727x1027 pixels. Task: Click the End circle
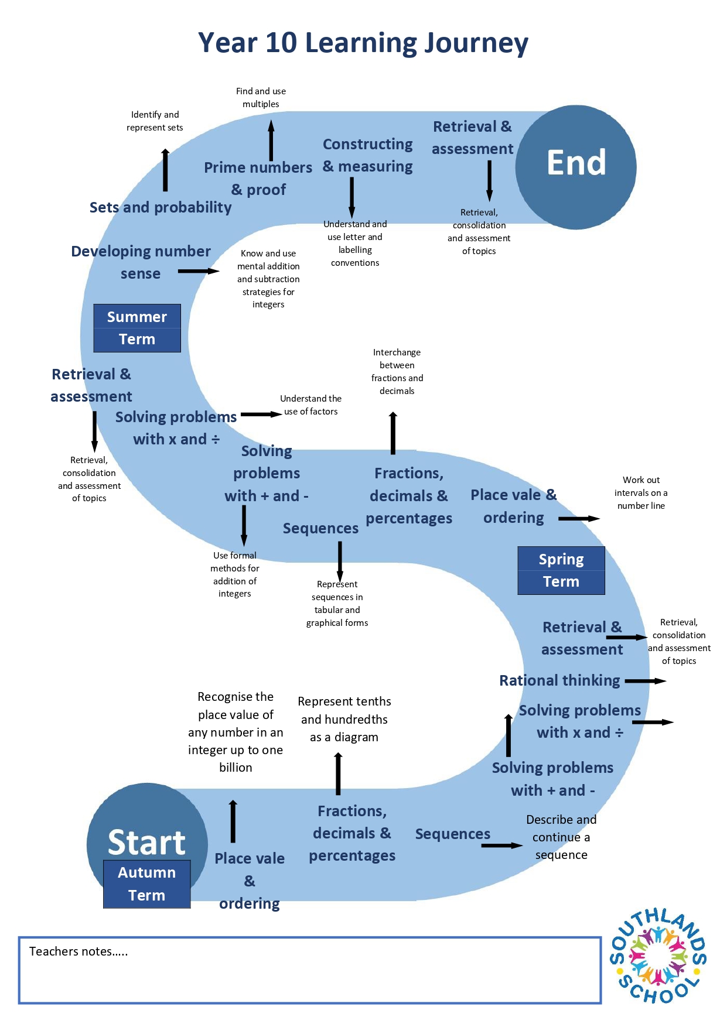(576, 167)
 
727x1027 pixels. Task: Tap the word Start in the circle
(146, 842)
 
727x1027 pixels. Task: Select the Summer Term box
(137, 328)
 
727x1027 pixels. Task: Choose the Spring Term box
(561, 570)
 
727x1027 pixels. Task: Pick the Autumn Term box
(147, 884)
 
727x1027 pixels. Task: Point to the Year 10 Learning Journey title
(363, 43)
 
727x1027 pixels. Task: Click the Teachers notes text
(78, 951)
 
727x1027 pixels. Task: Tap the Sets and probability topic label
(161, 207)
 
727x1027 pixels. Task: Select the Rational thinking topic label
(559, 680)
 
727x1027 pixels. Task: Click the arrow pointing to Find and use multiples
(271, 141)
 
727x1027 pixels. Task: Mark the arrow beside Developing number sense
(199, 271)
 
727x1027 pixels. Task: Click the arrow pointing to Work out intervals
(579, 519)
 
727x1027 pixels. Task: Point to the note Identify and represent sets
(155, 121)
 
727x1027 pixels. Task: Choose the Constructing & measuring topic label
(368, 155)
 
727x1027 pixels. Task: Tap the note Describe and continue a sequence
(561, 837)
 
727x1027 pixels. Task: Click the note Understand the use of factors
(311, 405)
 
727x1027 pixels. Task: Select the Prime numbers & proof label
(258, 179)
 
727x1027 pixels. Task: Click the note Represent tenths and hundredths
(344, 719)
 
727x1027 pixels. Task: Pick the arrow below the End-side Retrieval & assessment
(489, 181)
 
